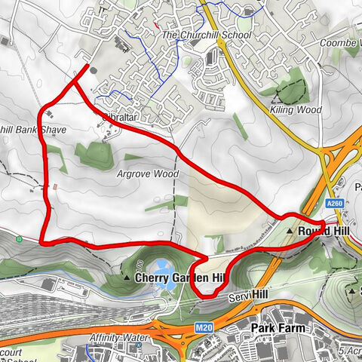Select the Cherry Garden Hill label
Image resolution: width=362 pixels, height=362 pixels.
(179, 278)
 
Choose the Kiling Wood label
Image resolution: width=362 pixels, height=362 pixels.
(295, 110)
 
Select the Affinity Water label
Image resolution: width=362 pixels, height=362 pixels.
(115, 337)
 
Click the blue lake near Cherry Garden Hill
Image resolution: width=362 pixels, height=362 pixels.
(163, 267)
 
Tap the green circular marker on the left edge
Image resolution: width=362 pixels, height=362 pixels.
(18, 240)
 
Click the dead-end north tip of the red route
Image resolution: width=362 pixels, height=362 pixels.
(87, 70)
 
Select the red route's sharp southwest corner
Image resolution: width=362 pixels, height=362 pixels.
(41, 242)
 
